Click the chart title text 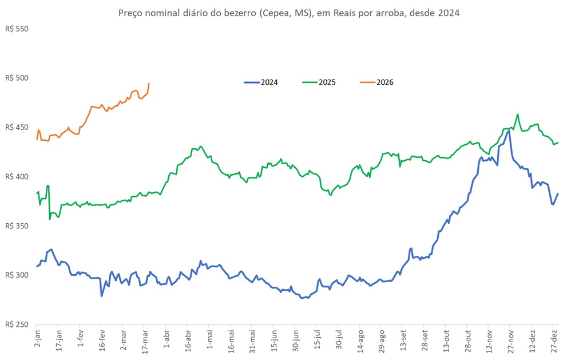click(288, 12)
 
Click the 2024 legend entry click(269, 82)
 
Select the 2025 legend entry click(327, 82)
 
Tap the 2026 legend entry click(385, 82)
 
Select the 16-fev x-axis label click(101, 341)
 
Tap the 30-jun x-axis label click(295, 341)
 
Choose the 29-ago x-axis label click(381, 341)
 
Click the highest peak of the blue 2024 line click(508, 131)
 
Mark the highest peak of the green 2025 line click(517, 114)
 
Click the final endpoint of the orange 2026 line click(149, 84)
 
